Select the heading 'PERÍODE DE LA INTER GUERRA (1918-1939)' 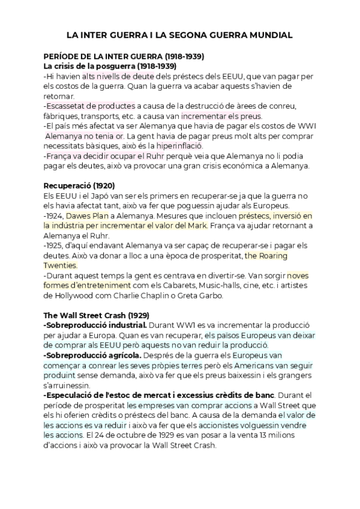(124, 56)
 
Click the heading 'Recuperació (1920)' (79, 185)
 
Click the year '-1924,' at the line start (54, 215)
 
